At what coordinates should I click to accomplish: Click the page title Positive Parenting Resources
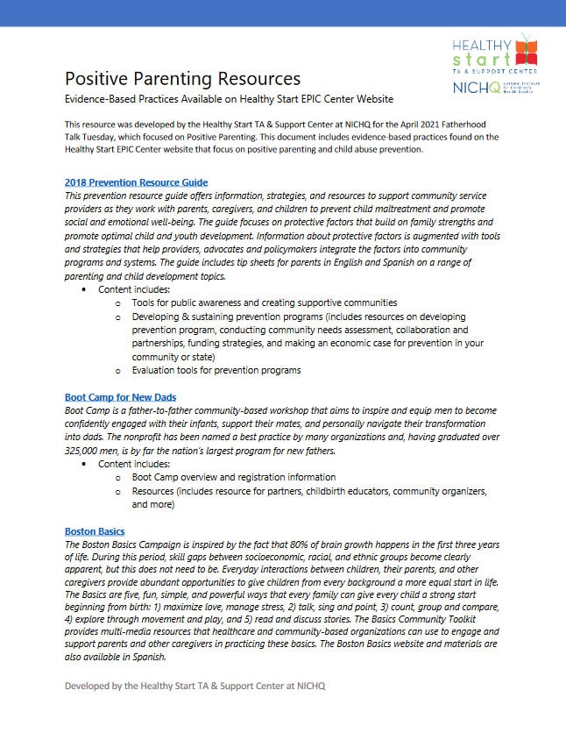click(182, 79)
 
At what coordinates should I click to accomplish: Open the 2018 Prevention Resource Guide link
click(136, 181)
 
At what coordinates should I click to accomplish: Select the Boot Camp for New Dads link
click(120, 397)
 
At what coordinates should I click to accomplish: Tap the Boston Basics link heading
click(95, 531)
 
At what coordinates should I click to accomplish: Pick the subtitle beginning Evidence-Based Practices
click(229, 99)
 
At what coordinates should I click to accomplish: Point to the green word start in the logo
click(474, 60)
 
